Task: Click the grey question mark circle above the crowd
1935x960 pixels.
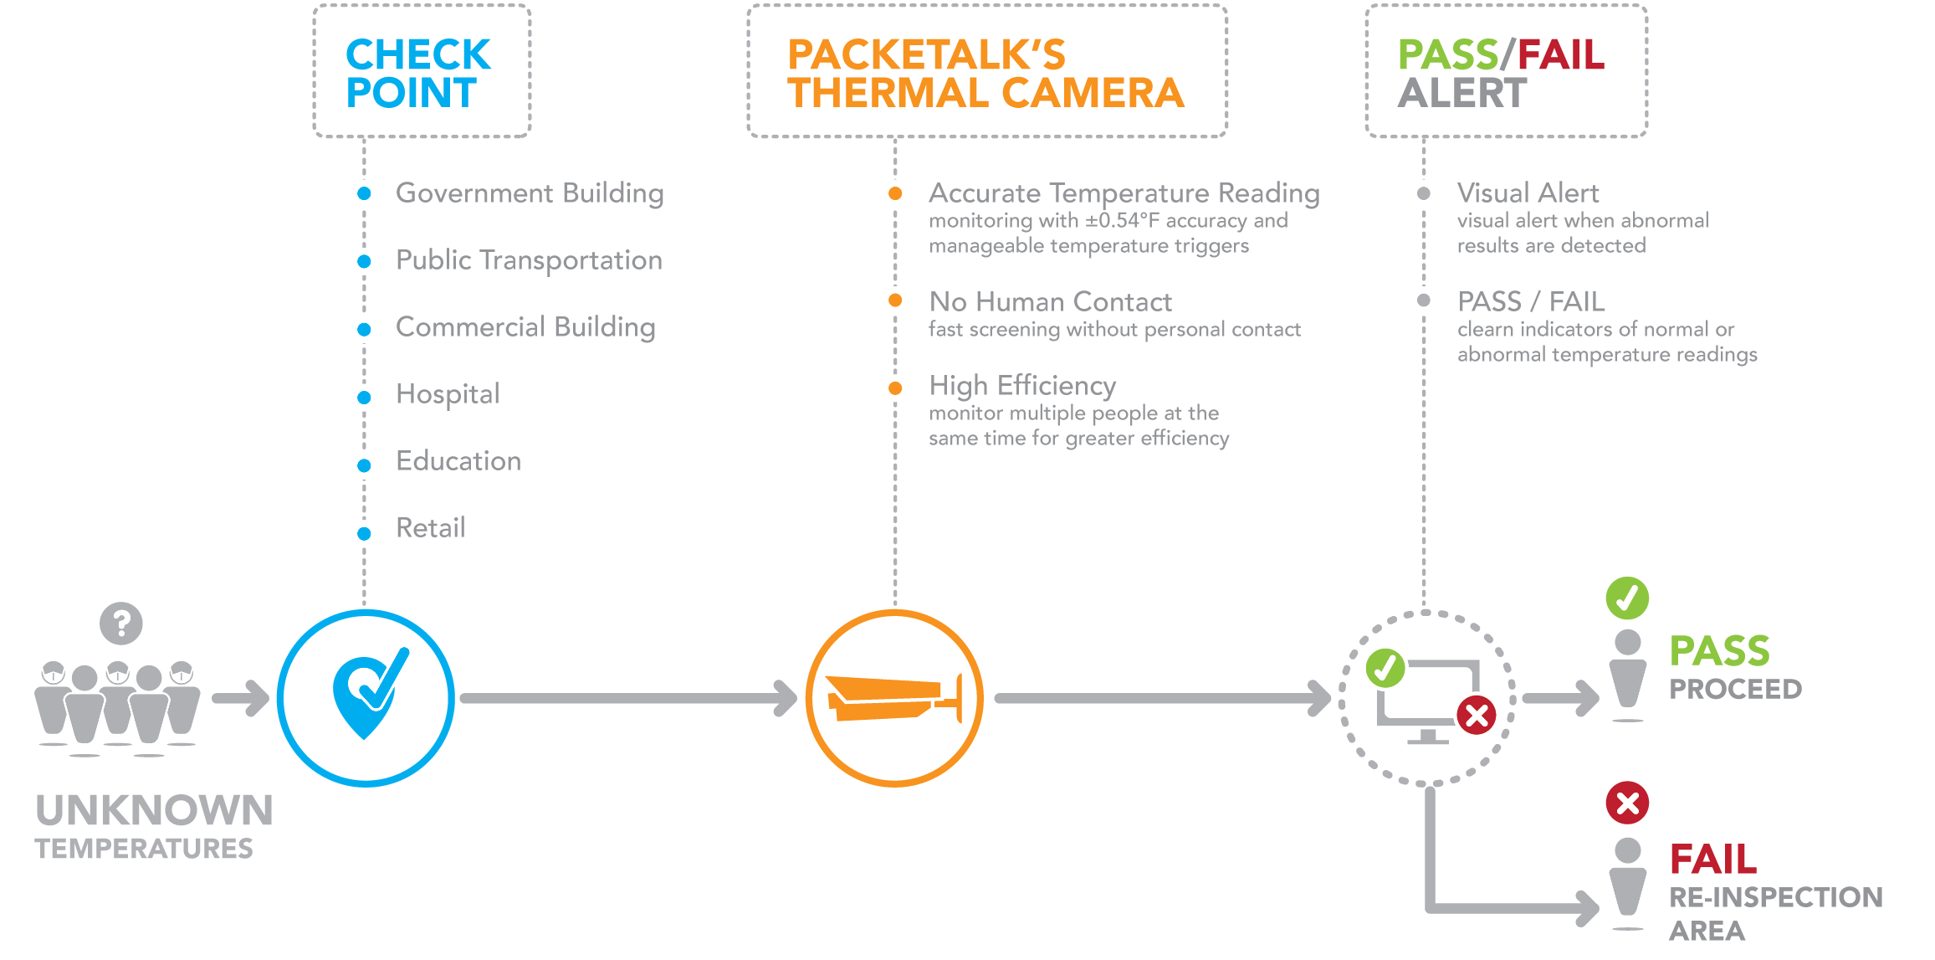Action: pyautogui.click(x=121, y=624)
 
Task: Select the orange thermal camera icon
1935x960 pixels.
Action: pyautogui.click(x=894, y=698)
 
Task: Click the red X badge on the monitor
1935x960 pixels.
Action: pyautogui.click(x=1477, y=716)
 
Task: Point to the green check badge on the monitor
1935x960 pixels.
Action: pyautogui.click(x=1385, y=668)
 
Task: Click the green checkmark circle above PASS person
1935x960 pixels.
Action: pyautogui.click(x=1627, y=598)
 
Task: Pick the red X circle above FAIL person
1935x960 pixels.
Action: pyautogui.click(x=1627, y=803)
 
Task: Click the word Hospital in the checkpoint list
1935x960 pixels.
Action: pyautogui.click(x=448, y=393)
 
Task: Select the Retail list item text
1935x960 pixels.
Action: pyautogui.click(x=430, y=528)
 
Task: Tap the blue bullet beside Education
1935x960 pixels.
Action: pyautogui.click(x=364, y=465)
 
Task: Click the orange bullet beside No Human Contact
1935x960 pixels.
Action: pyautogui.click(x=895, y=300)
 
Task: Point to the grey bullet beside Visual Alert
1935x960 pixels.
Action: pyautogui.click(x=1424, y=193)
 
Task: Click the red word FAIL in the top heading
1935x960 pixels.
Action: pyautogui.click(x=1561, y=55)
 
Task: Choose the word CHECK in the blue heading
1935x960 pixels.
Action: pyautogui.click(x=418, y=55)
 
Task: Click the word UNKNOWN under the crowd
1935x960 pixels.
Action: pyautogui.click(x=154, y=810)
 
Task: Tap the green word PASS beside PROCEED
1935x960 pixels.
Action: pyautogui.click(x=1720, y=651)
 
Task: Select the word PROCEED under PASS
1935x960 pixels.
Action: pyautogui.click(x=1736, y=690)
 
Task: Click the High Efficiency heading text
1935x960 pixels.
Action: pyautogui.click(x=1022, y=386)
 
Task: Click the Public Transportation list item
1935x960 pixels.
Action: pyautogui.click(x=529, y=260)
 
